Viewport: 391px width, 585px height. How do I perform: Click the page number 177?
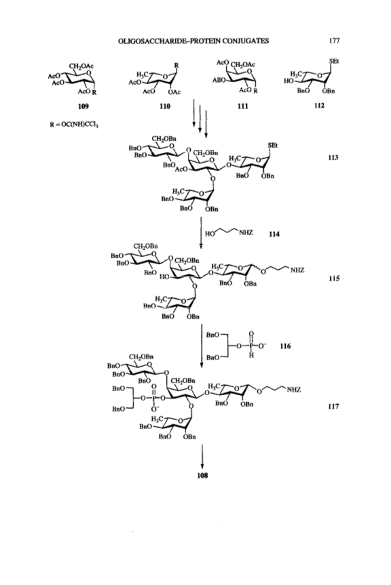pos(334,41)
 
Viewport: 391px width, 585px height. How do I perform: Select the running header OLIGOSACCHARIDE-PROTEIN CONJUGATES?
pos(193,41)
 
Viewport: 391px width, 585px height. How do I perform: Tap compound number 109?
pos(83,106)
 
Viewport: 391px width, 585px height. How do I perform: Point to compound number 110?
pos(165,106)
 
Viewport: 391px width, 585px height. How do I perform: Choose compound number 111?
pos(243,106)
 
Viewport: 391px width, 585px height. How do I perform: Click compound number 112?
pos(319,105)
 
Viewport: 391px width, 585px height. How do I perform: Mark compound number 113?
pos(333,157)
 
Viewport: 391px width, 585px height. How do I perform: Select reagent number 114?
pos(274,235)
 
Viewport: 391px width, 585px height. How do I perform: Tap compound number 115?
pos(334,279)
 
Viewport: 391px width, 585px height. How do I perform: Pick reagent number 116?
pos(285,346)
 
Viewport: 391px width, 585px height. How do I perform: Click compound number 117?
pos(333,406)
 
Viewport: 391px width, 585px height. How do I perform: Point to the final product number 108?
pos(202,476)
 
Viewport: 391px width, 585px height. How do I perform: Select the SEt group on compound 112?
pos(334,61)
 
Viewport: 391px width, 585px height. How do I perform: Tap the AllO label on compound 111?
pos(219,80)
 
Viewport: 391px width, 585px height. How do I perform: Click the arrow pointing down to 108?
pos(202,456)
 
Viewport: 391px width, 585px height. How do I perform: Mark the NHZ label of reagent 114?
pos(246,233)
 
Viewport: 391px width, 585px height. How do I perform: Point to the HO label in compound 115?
pos(165,277)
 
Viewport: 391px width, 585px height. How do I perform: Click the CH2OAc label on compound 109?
pos(81,66)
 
